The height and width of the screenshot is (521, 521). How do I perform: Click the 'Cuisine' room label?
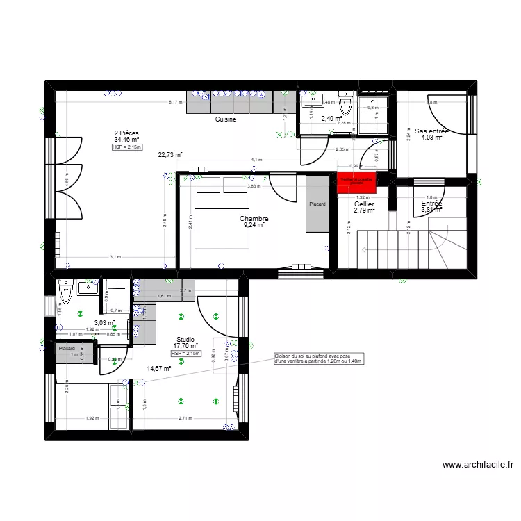click(x=226, y=119)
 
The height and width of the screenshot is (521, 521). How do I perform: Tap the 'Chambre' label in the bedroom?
click(x=254, y=219)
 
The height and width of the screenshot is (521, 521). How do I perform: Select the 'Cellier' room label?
click(x=365, y=204)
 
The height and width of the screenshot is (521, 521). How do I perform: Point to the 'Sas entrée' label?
click(x=431, y=131)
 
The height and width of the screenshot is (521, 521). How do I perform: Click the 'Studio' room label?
click(x=185, y=340)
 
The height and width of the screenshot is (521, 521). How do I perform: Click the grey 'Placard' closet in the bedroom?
click(x=317, y=204)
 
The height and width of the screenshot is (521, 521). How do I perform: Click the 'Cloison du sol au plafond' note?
click(x=320, y=358)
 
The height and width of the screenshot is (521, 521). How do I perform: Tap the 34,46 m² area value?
click(x=127, y=140)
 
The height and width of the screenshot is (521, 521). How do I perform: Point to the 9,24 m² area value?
click(x=255, y=226)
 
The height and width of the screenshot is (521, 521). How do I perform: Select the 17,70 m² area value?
click(x=185, y=346)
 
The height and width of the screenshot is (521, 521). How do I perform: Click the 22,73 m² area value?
click(x=170, y=155)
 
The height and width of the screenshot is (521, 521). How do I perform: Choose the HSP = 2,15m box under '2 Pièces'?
click(x=127, y=147)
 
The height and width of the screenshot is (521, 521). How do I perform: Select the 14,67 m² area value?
click(x=158, y=369)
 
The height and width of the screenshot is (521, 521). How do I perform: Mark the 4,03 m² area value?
click(x=431, y=138)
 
